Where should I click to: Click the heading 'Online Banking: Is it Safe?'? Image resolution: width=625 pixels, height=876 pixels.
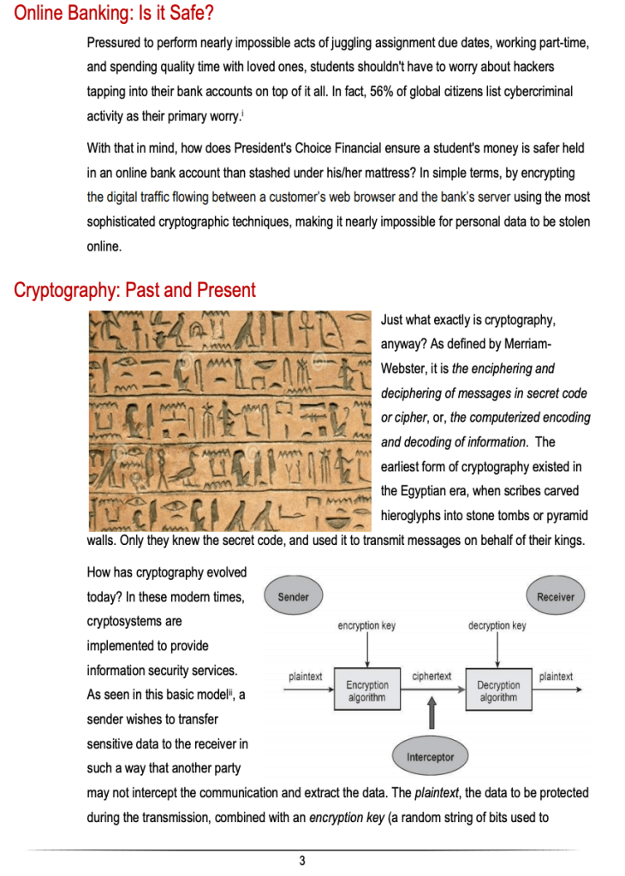pyautogui.click(x=114, y=15)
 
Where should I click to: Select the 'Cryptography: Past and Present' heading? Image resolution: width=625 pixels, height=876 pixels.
pyautogui.click(x=134, y=290)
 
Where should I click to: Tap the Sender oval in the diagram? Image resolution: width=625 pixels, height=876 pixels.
pyautogui.click(x=294, y=596)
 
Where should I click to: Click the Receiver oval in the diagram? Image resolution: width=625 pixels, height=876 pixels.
pyautogui.click(x=556, y=596)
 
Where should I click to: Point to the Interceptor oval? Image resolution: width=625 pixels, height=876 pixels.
pyautogui.click(x=431, y=757)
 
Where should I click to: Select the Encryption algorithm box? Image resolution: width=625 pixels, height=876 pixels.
pyautogui.click(x=367, y=691)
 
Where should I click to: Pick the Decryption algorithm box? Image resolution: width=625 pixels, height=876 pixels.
pyautogui.click(x=498, y=691)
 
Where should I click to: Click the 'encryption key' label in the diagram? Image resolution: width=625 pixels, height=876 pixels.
pyautogui.click(x=366, y=626)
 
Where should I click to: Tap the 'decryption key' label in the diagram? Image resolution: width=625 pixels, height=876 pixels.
pyautogui.click(x=497, y=626)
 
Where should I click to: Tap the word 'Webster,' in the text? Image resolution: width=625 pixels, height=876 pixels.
pyautogui.click(x=405, y=369)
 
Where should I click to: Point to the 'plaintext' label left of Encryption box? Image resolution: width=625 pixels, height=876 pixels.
pyautogui.click(x=305, y=676)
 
